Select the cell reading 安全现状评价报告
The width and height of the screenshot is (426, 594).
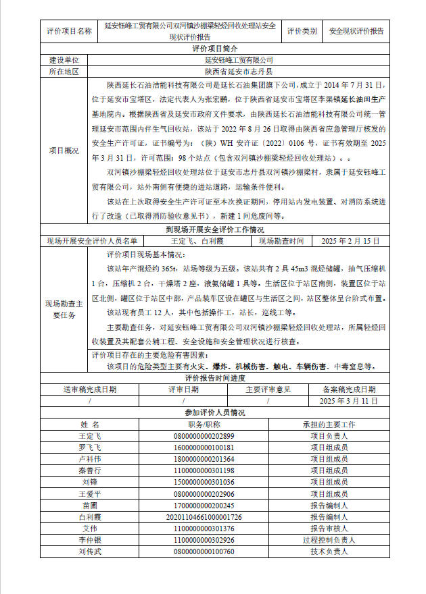[x=356, y=31]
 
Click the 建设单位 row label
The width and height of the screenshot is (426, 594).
[x=64, y=60]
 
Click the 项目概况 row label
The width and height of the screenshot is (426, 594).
[x=64, y=151]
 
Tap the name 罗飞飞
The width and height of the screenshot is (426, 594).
[x=90, y=448]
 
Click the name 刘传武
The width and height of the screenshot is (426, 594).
[x=90, y=551]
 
